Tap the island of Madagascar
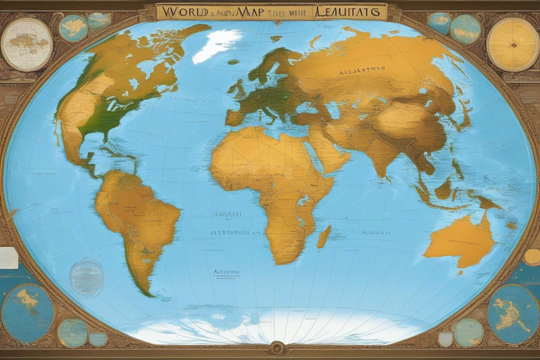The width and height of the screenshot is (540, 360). point(323,236)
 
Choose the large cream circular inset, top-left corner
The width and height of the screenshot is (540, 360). point(27,44)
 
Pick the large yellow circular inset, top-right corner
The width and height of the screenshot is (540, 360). point(512,44)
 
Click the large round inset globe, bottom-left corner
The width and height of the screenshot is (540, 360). point(27,312)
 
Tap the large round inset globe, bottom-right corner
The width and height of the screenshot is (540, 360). point(513,314)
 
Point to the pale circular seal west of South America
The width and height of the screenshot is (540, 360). point(86,278)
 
